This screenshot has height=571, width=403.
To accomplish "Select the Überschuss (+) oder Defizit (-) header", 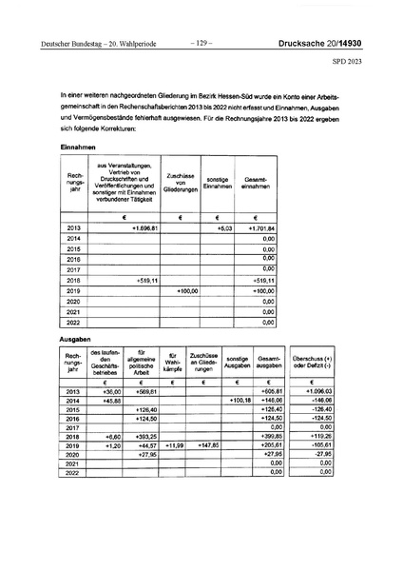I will tap(318, 364).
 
